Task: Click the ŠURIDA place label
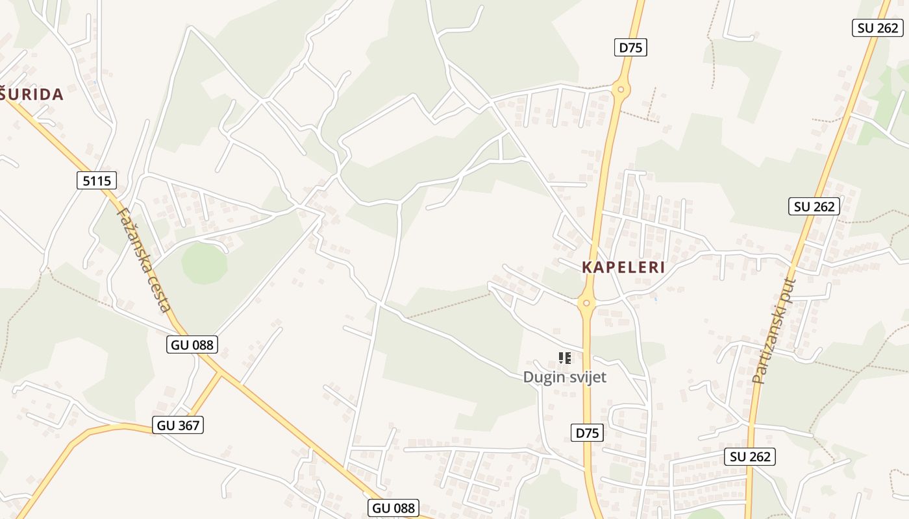click(32, 95)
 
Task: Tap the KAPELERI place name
click(623, 267)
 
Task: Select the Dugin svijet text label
click(564, 377)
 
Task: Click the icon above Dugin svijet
click(564, 357)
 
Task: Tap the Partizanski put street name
click(773, 330)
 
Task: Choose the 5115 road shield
click(97, 180)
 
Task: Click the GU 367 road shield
click(179, 425)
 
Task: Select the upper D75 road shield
click(630, 47)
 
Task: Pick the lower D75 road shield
click(588, 433)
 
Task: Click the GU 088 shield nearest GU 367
click(192, 344)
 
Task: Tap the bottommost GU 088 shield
click(393, 507)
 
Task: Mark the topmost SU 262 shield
click(877, 28)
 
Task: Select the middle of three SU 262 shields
click(814, 206)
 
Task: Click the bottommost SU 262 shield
click(750, 456)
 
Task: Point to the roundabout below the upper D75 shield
click(621, 90)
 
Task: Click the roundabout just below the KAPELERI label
click(586, 302)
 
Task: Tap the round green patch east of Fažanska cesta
click(204, 263)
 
